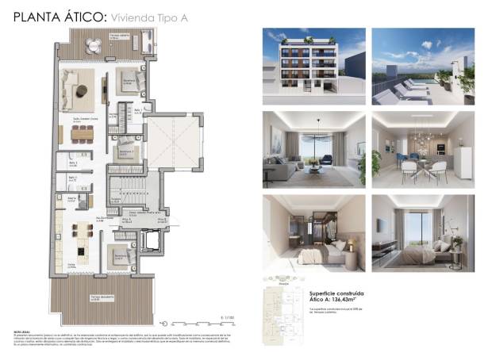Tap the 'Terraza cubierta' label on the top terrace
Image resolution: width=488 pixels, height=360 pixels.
tap(119, 36)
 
